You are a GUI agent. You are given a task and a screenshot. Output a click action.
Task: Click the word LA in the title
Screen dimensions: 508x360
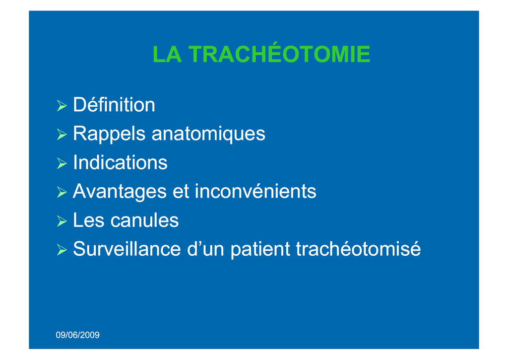tap(167, 54)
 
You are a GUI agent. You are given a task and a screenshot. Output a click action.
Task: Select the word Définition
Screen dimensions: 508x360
tap(114, 104)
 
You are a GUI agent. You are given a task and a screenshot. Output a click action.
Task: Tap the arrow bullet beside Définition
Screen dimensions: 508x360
tap(62, 106)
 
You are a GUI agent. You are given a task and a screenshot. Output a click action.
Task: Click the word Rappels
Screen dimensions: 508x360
tap(109, 134)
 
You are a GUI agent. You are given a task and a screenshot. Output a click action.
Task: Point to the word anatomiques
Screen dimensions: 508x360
tap(208, 134)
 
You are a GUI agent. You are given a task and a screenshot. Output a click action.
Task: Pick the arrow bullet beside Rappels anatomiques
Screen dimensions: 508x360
tap(62, 134)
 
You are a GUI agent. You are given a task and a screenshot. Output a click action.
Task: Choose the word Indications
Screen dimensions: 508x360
tap(120, 162)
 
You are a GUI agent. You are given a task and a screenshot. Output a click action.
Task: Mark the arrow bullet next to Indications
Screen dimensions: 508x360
tap(62, 163)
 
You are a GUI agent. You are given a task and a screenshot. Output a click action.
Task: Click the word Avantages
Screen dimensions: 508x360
tap(120, 191)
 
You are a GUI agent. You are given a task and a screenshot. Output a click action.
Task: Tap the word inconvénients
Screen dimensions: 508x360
tap(255, 191)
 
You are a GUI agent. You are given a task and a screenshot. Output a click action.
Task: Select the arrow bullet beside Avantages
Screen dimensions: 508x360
tap(62, 192)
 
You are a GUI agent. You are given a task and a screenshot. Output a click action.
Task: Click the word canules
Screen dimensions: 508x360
tap(144, 220)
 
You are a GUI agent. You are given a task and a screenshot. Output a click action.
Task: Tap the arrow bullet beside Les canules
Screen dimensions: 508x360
tap(62, 221)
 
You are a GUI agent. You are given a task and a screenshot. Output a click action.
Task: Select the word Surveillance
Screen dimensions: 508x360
tap(127, 249)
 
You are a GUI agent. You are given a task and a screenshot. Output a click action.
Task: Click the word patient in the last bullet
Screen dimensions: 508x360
tap(260, 249)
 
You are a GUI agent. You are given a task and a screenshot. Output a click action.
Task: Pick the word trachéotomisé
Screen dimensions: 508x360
tap(358, 249)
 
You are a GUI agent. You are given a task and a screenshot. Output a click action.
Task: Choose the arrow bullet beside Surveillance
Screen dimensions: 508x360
tap(62, 250)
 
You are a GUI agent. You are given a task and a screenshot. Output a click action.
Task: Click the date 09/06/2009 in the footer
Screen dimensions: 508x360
tap(78, 335)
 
